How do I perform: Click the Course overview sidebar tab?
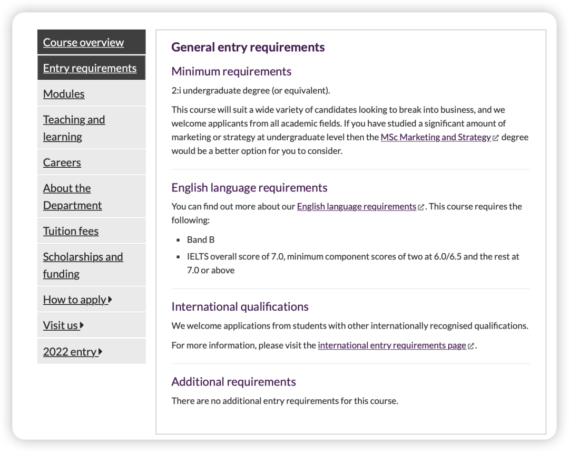click(83, 43)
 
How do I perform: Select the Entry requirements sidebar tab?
click(90, 68)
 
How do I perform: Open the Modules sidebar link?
click(64, 94)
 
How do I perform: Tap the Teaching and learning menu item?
click(74, 128)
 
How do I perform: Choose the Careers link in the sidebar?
click(62, 162)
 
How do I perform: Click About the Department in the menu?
click(72, 197)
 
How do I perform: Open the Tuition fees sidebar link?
click(71, 231)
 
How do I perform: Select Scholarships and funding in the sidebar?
click(83, 265)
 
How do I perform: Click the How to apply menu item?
click(75, 300)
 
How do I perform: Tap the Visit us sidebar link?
click(61, 325)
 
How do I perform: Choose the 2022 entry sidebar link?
click(70, 352)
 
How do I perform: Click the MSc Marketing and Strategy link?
click(436, 137)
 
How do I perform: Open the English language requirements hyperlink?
click(357, 207)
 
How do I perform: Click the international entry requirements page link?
click(392, 345)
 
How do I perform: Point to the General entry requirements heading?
click(248, 47)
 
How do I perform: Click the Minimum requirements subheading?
click(231, 72)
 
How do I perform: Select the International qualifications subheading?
click(240, 307)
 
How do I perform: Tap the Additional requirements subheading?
click(233, 382)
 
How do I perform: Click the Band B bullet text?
click(201, 239)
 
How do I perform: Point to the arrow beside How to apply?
click(110, 300)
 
